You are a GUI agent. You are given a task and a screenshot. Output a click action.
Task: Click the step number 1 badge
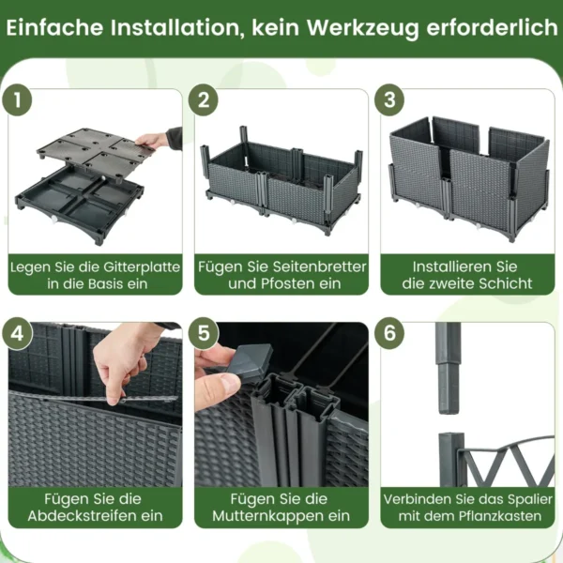coord(17,100)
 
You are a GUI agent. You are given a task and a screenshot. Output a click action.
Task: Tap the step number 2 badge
coord(204,100)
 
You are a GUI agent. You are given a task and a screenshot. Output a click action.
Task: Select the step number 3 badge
coord(389,100)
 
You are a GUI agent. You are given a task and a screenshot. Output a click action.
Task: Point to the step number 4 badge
coord(17,333)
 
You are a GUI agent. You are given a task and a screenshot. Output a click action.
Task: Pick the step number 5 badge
coord(204,333)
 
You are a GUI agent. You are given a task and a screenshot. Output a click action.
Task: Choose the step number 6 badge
coord(389,333)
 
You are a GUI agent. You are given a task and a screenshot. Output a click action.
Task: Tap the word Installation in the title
coord(175,28)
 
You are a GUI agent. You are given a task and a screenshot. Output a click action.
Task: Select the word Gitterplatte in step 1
coord(142,267)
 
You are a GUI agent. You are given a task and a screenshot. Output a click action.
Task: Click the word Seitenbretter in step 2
coord(320,266)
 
